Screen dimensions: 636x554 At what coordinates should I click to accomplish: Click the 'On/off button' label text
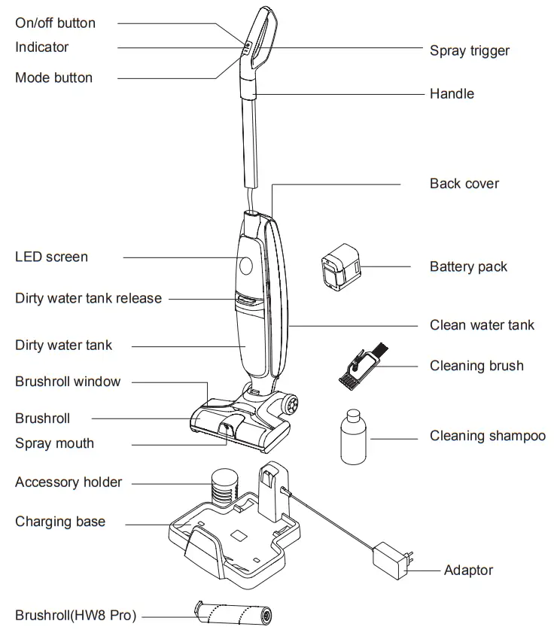(56, 23)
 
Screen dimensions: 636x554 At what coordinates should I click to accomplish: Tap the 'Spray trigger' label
(470, 51)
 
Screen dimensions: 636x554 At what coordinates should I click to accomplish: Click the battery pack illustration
(341, 267)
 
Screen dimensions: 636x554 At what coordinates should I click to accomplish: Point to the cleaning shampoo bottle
(351, 438)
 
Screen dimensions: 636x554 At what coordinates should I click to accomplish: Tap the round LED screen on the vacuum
(246, 265)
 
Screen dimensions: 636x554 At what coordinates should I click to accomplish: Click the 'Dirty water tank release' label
(88, 299)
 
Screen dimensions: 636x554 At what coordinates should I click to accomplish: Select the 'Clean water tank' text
(482, 326)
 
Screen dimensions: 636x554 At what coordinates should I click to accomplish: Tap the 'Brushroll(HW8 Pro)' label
(75, 616)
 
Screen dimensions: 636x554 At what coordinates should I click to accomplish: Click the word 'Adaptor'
(468, 571)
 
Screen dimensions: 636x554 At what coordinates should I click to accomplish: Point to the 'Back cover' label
(464, 184)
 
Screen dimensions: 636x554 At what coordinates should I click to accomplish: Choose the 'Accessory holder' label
(68, 482)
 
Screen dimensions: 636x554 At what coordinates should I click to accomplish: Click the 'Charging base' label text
(60, 522)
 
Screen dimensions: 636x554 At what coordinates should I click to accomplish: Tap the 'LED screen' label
(51, 257)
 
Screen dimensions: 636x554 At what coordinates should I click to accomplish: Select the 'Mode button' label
(54, 78)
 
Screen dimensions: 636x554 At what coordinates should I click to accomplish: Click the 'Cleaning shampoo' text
(488, 437)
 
